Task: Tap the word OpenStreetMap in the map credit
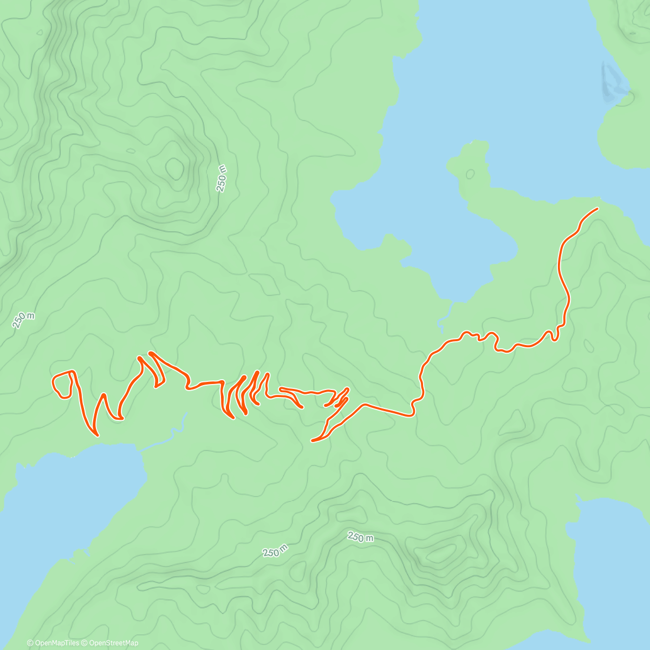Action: (x=113, y=643)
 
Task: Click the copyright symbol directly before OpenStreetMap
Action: (x=84, y=643)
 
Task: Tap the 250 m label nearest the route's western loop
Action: (x=23, y=320)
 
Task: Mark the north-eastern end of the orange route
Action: (x=597, y=209)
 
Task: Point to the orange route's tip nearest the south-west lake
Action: (x=97, y=435)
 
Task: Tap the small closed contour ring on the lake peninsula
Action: (x=470, y=174)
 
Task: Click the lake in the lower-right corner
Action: (x=612, y=569)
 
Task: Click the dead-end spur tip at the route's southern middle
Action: (x=313, y=440)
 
